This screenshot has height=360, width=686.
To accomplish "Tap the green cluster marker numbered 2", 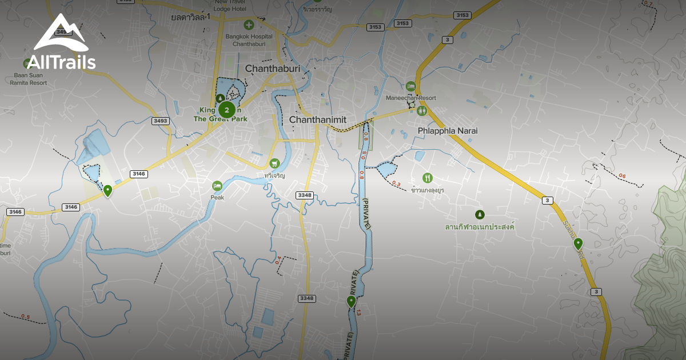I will [x=227, y=110].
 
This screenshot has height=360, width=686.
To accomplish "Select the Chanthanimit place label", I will [x=318, y=119].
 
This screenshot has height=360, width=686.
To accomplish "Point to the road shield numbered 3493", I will [x=161, y=121].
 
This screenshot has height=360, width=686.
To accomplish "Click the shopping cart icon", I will [x=274, y=163].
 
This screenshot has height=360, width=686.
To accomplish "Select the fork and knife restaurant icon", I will [x=427, y=178].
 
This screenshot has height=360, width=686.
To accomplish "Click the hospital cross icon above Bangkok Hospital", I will [x=249, y=25].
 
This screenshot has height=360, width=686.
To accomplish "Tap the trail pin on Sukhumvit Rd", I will [x=578, y=244].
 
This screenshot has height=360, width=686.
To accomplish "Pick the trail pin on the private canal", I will [x=351, y=301].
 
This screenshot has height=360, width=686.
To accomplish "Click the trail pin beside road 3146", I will [x=107, y=190].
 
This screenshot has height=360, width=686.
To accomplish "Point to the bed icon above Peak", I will [x=217, y=186].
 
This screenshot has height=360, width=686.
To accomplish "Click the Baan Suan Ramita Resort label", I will [x=29, y=78].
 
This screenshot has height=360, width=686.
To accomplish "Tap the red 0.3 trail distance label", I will [x=396, y=183].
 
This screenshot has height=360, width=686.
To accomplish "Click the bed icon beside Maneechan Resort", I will [x=410, y=86].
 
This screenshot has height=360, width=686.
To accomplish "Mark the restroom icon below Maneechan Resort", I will [x=422, y=110].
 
